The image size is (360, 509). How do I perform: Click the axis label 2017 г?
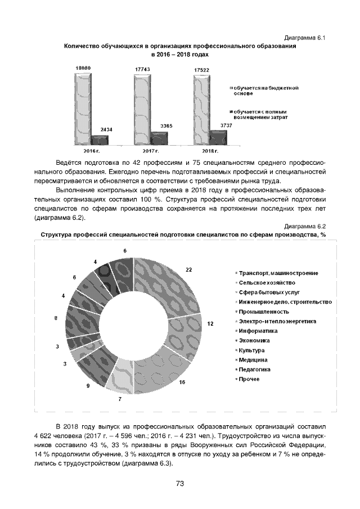click(x=150, y=152)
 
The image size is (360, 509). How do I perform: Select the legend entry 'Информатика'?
click(x=257, y=331)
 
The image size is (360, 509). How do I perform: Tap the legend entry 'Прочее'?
click(x=249, y=379)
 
